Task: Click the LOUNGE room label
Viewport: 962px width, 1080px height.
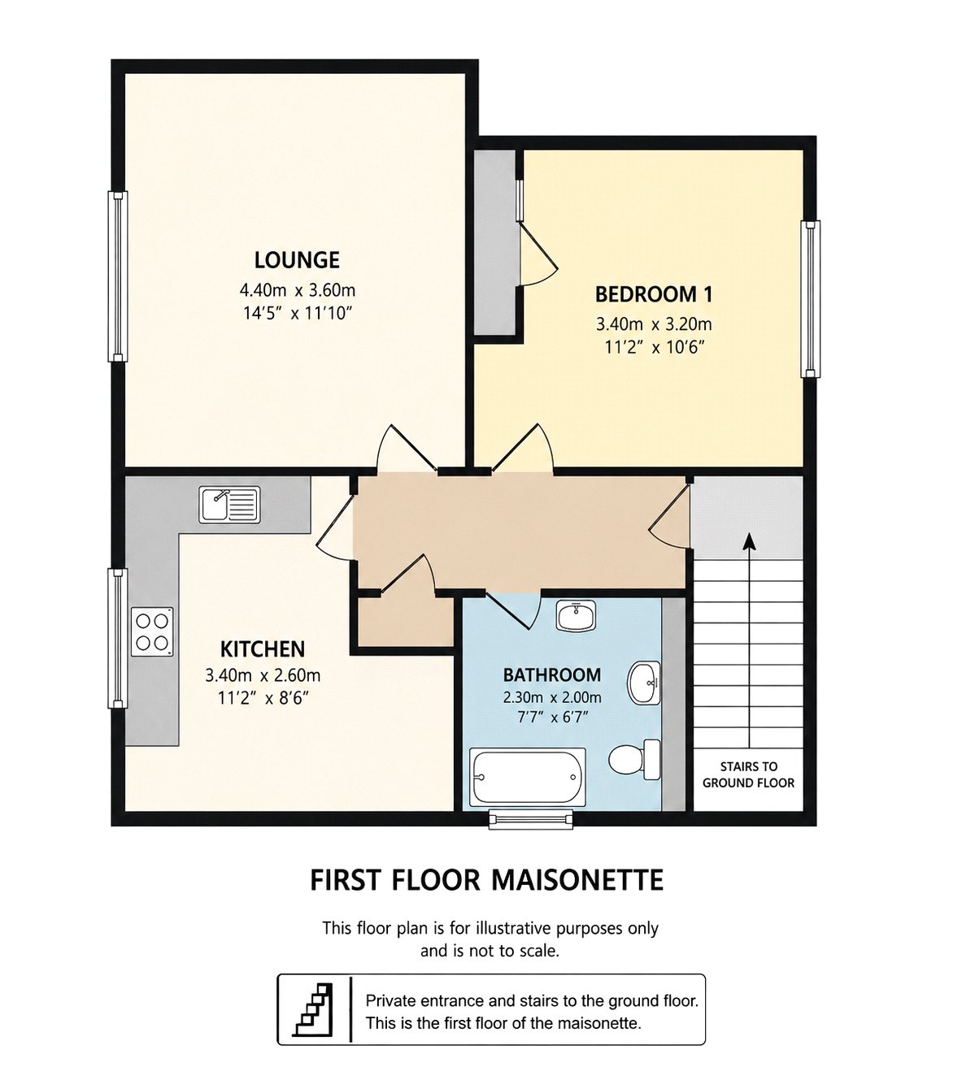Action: coord(297,260)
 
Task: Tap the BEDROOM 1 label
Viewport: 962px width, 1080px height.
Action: coord(654,294)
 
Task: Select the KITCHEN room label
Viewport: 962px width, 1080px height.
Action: coord(263,649)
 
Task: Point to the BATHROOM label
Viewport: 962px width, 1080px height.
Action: coord(552,674)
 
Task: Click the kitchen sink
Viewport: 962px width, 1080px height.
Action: coord(230,505)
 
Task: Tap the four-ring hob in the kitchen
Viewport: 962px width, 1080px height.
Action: coord(152,631)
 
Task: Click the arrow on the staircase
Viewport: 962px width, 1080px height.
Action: coord(751,640)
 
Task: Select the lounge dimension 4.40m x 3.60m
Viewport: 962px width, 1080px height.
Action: coord(297,291)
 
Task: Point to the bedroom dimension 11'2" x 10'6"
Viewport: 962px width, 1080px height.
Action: coord(654,348)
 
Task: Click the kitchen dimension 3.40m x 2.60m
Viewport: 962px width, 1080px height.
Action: coord(263,675)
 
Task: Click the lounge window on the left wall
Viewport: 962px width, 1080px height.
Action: coord(118,276)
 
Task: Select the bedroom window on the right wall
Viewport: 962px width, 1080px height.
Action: coord(811,299)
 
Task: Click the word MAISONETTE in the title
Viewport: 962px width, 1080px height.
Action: coord(577,880)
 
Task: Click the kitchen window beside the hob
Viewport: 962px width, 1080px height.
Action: coord(118,639)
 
